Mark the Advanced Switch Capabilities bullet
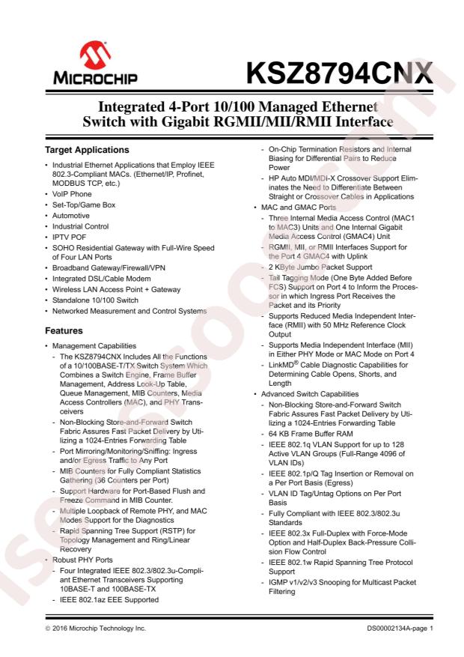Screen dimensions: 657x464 306,394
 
